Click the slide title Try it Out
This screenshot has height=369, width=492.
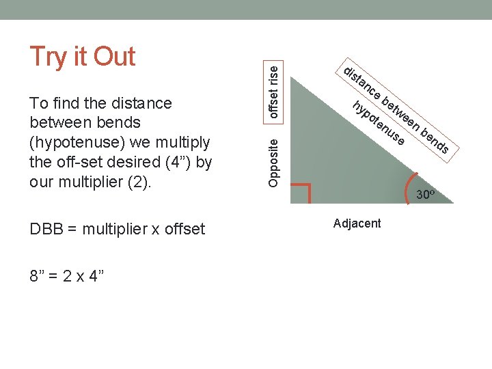[x=82, y=56]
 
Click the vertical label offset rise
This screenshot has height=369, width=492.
[x=273, y=89]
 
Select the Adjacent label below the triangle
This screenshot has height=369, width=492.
[x=357, y=223]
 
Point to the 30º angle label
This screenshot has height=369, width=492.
[x=424, y=195]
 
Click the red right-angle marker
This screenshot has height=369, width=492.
[x=301, y=192]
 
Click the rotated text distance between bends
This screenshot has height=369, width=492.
[x=396, y=111]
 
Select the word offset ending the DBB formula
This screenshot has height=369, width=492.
[x=183, y=230]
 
